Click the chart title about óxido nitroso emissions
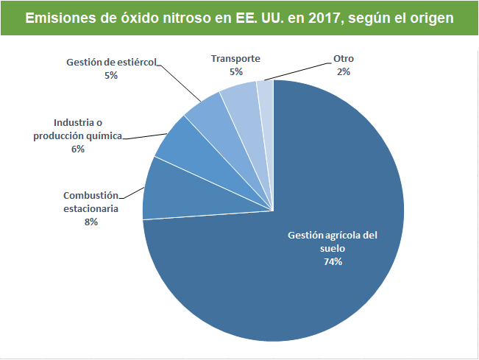[239, 17]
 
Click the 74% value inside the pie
[333, 261]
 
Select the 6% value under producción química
[78, 149]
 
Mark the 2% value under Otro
[343, 71]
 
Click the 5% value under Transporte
[235, 71]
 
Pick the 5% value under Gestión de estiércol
[111, 75]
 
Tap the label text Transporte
[235, 58]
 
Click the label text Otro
[343, 58]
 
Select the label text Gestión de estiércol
[111, 63]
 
